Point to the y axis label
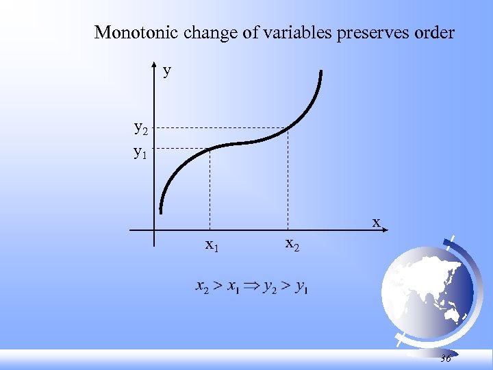click(167, 70)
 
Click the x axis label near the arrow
click(375, 222)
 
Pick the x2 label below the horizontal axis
click(292, 243)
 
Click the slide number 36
click(446, 358)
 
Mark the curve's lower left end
click(162, 210)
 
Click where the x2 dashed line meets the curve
click(288, 128)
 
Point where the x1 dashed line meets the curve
click(209, 149)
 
